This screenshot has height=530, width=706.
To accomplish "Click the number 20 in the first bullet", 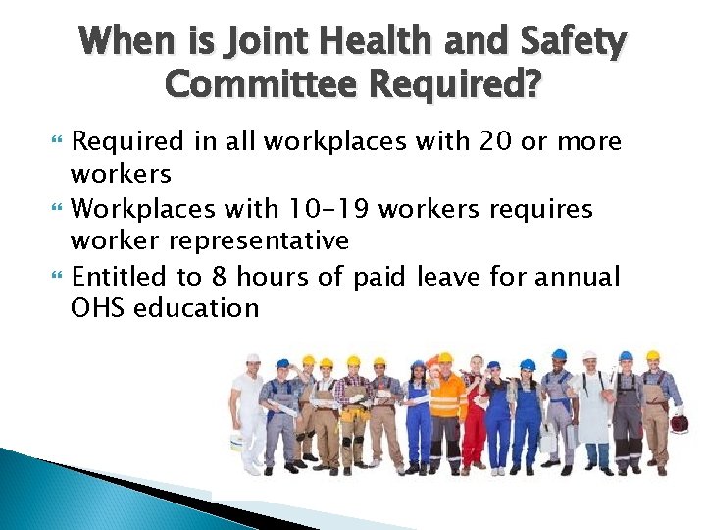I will coord(495,142).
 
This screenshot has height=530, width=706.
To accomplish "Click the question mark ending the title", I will coord(529,85).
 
